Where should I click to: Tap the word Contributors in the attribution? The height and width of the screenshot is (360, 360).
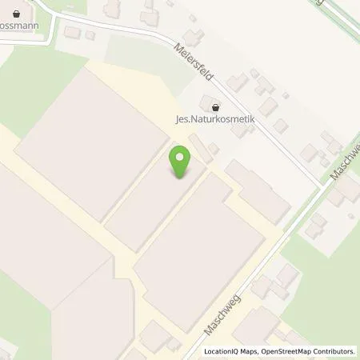click(x=335, y=351)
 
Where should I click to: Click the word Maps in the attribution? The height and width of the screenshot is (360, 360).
click(x=252, y=351)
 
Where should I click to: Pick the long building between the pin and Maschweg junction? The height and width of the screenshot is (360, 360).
click(x=258, y=192)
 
